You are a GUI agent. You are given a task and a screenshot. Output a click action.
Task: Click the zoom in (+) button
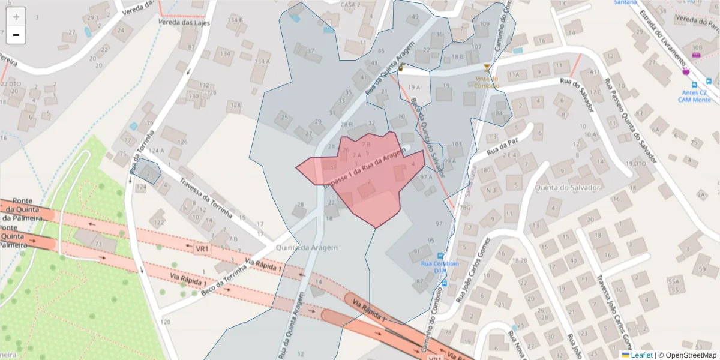click(x=16, y=16)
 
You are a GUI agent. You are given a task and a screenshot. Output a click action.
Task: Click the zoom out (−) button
click(x=16, y=35)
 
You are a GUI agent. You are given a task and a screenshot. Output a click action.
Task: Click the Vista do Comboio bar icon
click(x=487, y=68)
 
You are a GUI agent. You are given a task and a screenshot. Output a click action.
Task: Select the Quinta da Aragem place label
click(x=307, y=247)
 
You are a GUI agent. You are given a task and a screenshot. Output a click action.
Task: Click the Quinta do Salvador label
click(x=572, y=187)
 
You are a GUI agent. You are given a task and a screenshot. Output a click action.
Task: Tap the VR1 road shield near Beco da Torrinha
click(x=202, y=248)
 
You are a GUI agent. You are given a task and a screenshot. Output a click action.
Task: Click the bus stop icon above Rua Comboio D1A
click(x=441, y=255)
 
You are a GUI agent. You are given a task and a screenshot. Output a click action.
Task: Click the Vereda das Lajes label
click(x=179, y=22)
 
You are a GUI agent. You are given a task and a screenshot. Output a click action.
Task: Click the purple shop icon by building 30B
click(x=697, y=55)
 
